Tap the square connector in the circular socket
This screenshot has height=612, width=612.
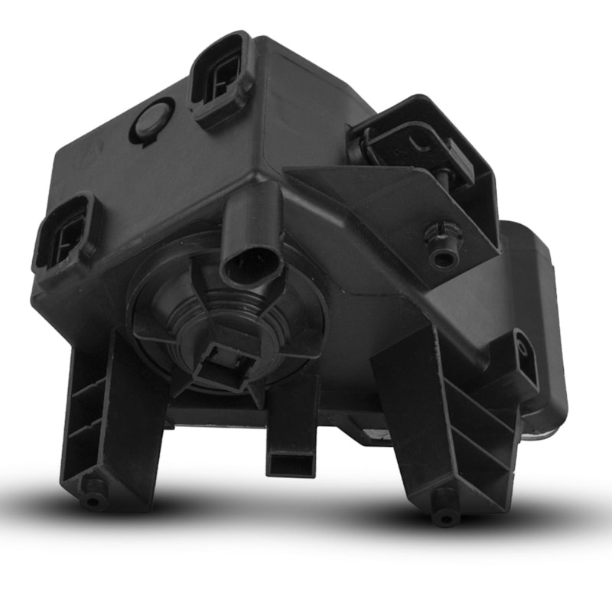coord(221,359)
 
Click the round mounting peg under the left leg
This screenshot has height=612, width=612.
coord(93,497)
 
